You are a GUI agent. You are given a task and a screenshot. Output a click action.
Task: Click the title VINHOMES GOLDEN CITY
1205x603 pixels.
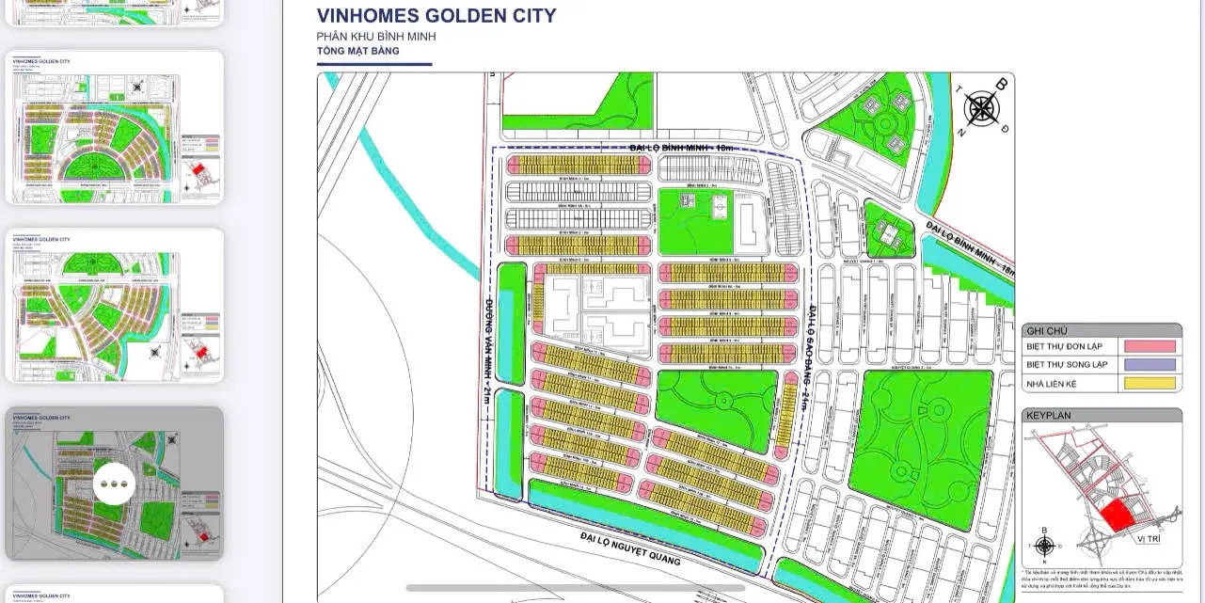[x=436, y=16]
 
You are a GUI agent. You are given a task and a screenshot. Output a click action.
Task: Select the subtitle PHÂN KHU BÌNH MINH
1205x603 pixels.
[x=376, y=37]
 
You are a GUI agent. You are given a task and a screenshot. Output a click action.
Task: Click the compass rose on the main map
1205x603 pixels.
[x=982, y=109]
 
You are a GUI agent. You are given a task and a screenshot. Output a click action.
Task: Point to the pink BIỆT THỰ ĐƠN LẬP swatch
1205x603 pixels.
[x=1148, y=346]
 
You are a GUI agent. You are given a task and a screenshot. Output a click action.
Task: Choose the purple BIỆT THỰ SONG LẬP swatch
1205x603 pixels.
[x=1148, y=364]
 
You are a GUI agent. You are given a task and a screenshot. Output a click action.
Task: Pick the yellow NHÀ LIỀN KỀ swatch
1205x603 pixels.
[x=1148, y=383]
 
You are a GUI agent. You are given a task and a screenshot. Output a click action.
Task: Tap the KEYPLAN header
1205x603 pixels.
[x=1049, y=415]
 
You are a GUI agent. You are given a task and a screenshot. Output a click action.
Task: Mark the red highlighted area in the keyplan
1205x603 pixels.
[x=1117, y=516]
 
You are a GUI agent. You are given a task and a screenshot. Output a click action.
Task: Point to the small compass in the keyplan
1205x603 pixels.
[x=1043, y=546]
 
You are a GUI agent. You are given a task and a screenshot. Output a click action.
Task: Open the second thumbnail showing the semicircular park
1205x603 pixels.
[x=115, y=127]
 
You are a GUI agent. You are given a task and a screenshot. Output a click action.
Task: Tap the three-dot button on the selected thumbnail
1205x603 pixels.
[x=115, y=484]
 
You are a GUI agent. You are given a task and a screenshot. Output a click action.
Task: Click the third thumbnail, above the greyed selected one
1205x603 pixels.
[x=115, y=305]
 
